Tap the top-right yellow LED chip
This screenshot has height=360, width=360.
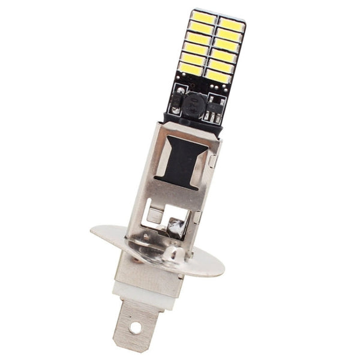pos(231,24)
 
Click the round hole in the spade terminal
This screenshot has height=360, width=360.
pos(136,327)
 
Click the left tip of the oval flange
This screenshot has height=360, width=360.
pos(94,230)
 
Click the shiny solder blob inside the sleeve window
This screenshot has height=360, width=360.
pos(177,226)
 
